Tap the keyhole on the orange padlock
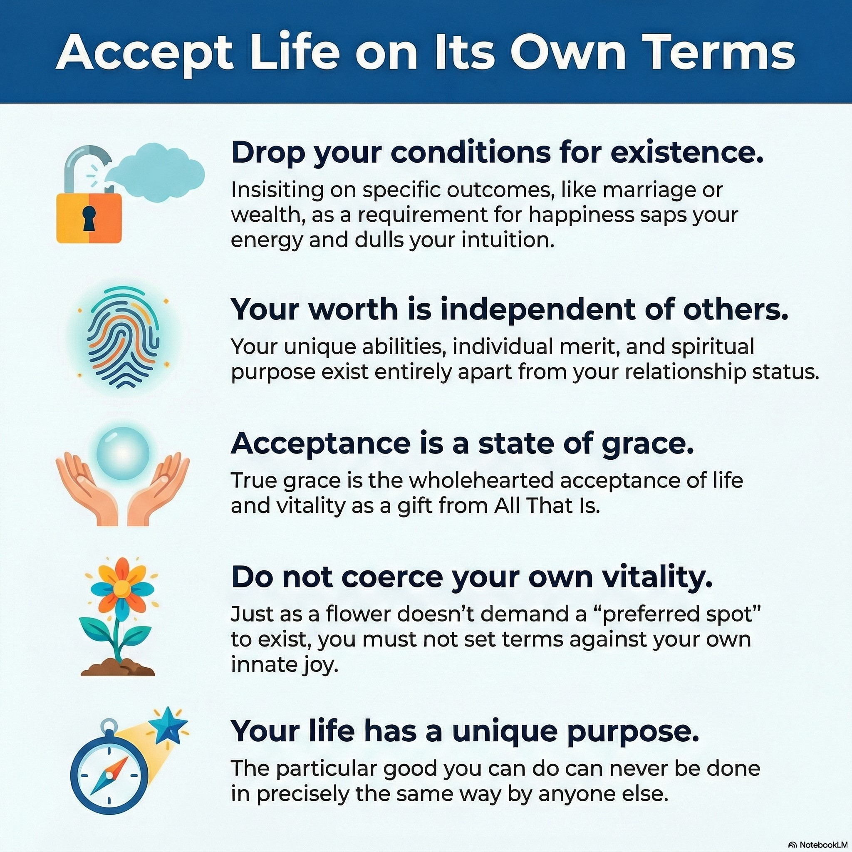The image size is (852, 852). (89, 218)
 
